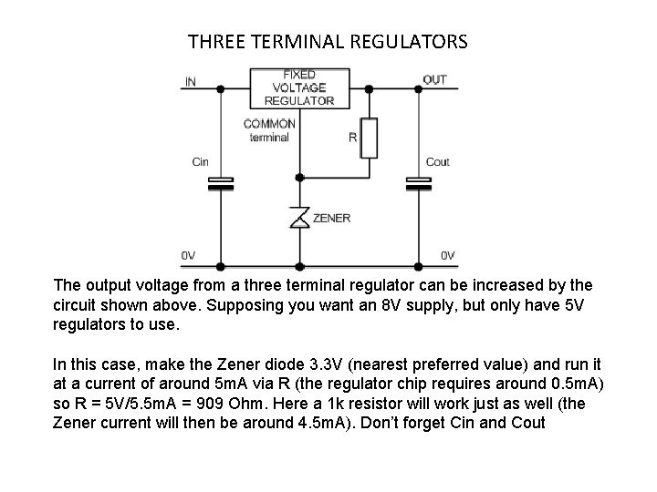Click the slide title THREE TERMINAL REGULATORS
coord(328,42)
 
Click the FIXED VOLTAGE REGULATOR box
coord(298,87)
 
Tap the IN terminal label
coord(190,81)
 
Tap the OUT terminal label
coord(435,80)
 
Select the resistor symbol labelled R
coord(369,138)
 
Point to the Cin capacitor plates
coord(221,182)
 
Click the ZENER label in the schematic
coord(331,219)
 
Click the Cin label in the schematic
coord(200,162)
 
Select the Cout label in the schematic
coord(438,162)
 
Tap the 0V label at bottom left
coord(189,256)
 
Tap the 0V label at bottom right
coord(449,256)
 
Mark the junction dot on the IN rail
coord(221,87)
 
